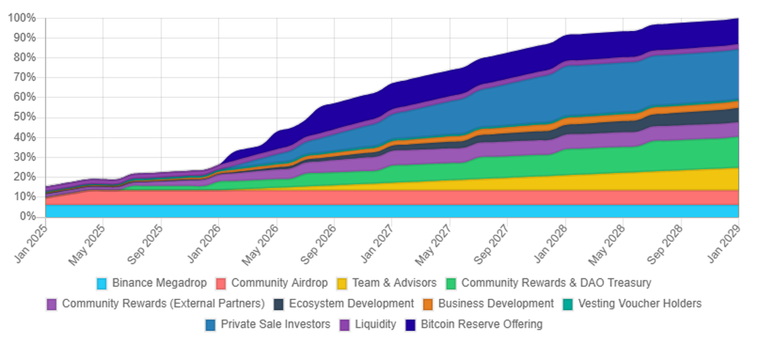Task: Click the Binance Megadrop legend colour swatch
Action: tap(102, 284)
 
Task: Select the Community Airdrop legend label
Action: tap(279, 283)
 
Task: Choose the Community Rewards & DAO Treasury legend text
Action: tap(556, 283)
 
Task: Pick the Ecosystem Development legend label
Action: tap(351, 304)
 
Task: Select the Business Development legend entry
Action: tap(495, 304)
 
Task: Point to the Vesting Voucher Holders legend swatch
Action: tap(567, 304)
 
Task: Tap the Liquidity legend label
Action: tap(375, 325)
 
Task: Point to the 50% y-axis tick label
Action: tap(24, 117)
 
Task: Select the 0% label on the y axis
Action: tap(27, 217)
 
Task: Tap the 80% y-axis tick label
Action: tap(24, 57)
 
